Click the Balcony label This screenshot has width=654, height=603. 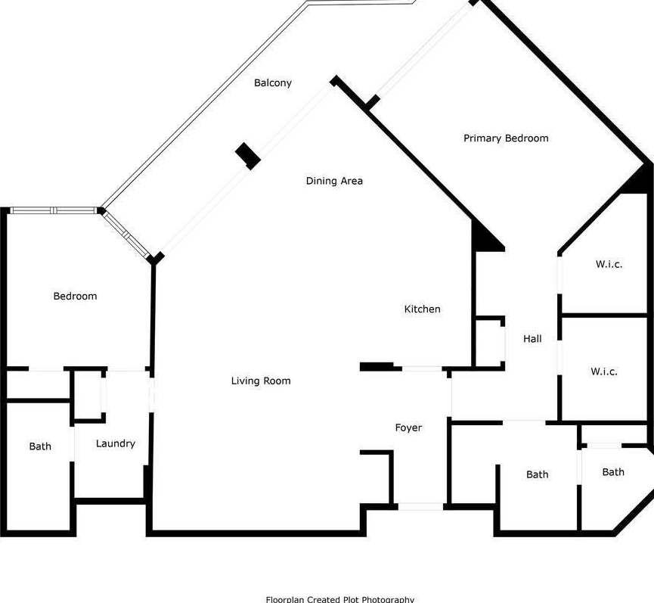point(273,83)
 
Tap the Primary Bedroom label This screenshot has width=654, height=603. point(506,138)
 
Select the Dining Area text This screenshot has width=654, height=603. point(334,181)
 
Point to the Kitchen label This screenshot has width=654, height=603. point(422,309)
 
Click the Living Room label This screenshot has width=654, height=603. point(261,381)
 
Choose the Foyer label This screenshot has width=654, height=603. point(408,427)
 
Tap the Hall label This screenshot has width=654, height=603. point(532,338)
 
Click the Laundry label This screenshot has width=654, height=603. point(116,443)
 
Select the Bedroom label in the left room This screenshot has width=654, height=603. point(75,296)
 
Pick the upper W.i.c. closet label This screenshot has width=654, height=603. point(609,264)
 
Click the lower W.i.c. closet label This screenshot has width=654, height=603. point(604,371)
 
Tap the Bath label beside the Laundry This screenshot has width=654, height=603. point(40,446)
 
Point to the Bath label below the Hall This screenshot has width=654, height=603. point(538,474)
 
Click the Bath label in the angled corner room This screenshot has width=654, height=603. point(613,472)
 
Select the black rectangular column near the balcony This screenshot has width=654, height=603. point(248,157)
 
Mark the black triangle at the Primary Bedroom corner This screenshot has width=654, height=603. point(641,181)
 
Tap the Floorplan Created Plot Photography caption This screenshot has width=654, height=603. point(340,599)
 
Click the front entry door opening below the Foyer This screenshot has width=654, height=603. point(420,507)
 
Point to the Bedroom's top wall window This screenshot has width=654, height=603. point(54,210)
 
